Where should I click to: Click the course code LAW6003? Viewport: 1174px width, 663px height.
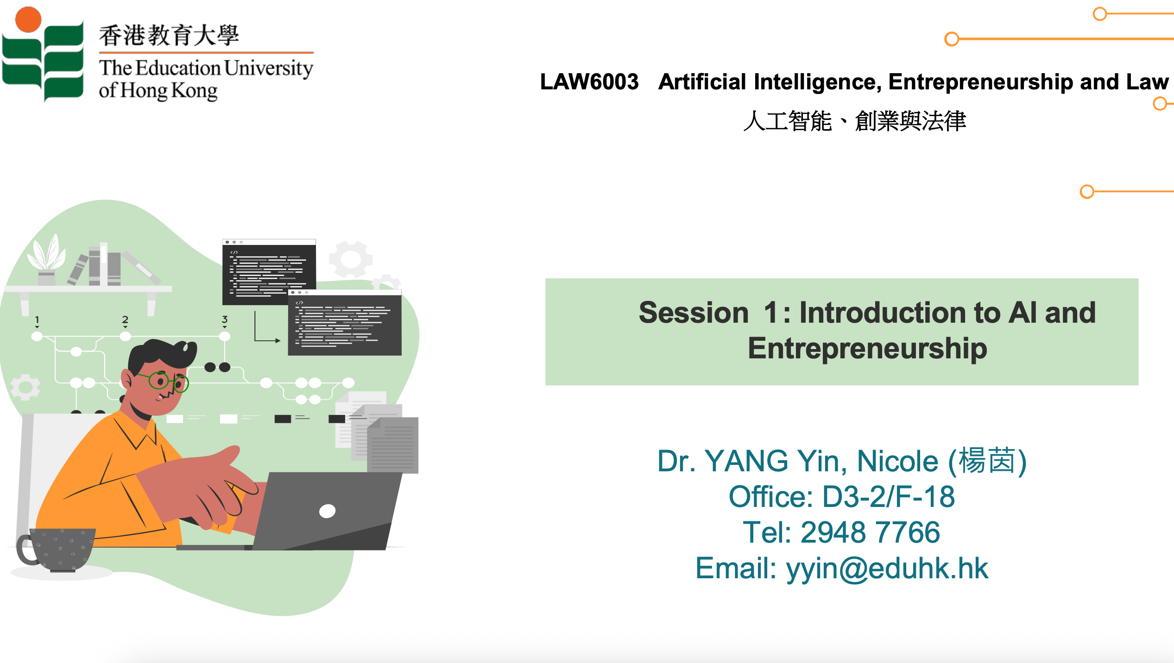coord(589,82)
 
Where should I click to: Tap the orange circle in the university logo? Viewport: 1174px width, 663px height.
coord(28,19)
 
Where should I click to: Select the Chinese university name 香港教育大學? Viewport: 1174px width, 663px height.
coord(169,35)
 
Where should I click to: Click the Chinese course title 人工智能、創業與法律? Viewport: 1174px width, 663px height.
coord(855,121)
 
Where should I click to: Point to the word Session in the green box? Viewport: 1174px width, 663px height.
coord(694,313)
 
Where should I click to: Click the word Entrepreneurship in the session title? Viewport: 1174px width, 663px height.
coord(867,349)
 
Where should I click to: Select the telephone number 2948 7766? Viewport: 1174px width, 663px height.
coord(870,532)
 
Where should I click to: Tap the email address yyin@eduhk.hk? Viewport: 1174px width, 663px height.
coord(887,569)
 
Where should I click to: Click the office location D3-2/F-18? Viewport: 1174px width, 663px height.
coord(889,497)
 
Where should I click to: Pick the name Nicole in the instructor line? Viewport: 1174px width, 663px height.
coord(897,461)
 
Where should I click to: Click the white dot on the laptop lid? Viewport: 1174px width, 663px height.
coord(327,511)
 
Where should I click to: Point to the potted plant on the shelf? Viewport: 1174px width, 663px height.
coord(46,259)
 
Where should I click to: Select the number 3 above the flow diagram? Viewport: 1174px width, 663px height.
coord(225,319)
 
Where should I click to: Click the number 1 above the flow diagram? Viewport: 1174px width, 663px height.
coord(37,319)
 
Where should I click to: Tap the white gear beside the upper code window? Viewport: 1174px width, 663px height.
coord(351,260)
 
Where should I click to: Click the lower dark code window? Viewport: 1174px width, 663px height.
coord(345,323)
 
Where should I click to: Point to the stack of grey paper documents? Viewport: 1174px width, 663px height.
coord(377,432)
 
